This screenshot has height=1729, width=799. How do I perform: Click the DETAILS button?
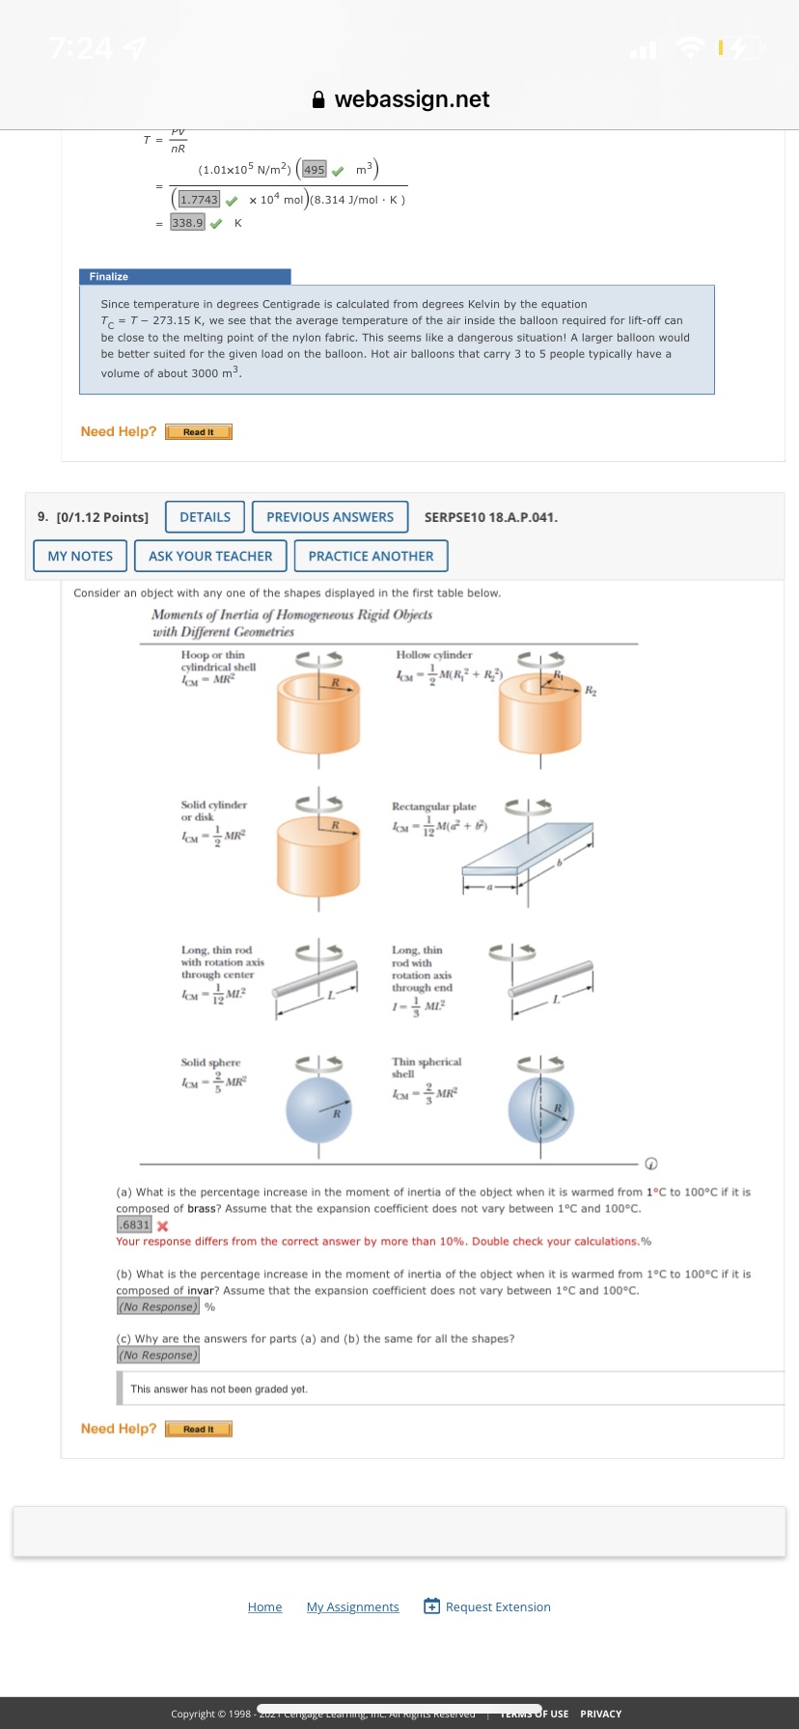(x=205, y=517)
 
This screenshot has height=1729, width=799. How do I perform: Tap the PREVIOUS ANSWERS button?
(x=330, y=517)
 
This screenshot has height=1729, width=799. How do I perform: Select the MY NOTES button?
(x=80, y=556)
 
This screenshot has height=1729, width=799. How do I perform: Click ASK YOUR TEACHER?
(x=210, y=556)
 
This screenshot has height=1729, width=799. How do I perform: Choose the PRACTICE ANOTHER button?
(x=371, y=556)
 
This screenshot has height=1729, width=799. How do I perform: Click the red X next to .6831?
(x=162, y=1225)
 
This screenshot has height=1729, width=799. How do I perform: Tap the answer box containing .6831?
(x=134, y=1224)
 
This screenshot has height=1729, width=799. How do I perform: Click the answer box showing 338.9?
(x=187, y=223)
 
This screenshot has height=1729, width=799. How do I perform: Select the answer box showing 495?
(x=315, y=170)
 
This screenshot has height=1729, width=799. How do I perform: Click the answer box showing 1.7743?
(x=199, y=200)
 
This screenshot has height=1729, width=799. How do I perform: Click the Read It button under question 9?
(x=199, y=1429)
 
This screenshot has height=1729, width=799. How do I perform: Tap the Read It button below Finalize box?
(x=199, y=432)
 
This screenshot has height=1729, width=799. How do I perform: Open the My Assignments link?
(x=352, y=1606)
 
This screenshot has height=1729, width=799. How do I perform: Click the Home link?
(x=264, y=1606)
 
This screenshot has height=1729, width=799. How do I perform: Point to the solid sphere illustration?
(x=318, y=1110)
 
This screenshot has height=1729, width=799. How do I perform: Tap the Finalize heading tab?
(x=183, y=277)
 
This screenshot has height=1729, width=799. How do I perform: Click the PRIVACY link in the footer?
(x=600, y=1714)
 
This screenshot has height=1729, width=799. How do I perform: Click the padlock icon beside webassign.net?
(x=318, y=99)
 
